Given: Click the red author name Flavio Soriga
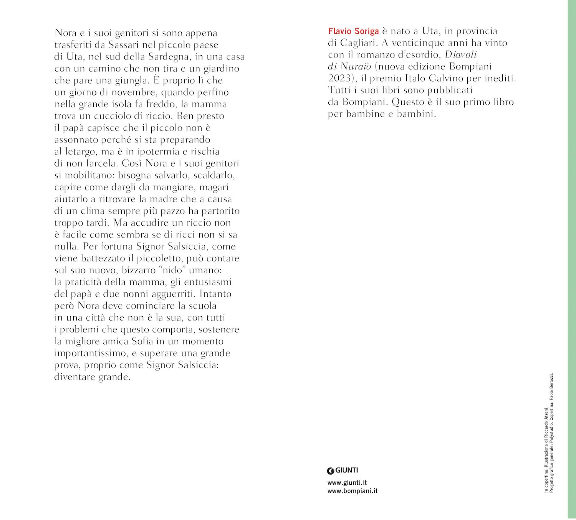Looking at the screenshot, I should [353, 31].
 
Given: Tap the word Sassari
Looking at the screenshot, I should [123, 45].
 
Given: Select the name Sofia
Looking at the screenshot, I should [142, 341].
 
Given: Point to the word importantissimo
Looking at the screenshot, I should [91, 353].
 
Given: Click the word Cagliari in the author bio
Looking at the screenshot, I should [359, 43].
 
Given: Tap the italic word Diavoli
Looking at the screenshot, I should [460, 54].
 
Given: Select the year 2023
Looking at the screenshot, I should [340, 78].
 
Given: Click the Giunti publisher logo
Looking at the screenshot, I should [343, 470].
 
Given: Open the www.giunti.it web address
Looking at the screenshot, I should [347, 483].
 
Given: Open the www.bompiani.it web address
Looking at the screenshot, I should [353, 491].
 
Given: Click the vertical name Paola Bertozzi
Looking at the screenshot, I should [552, 386].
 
